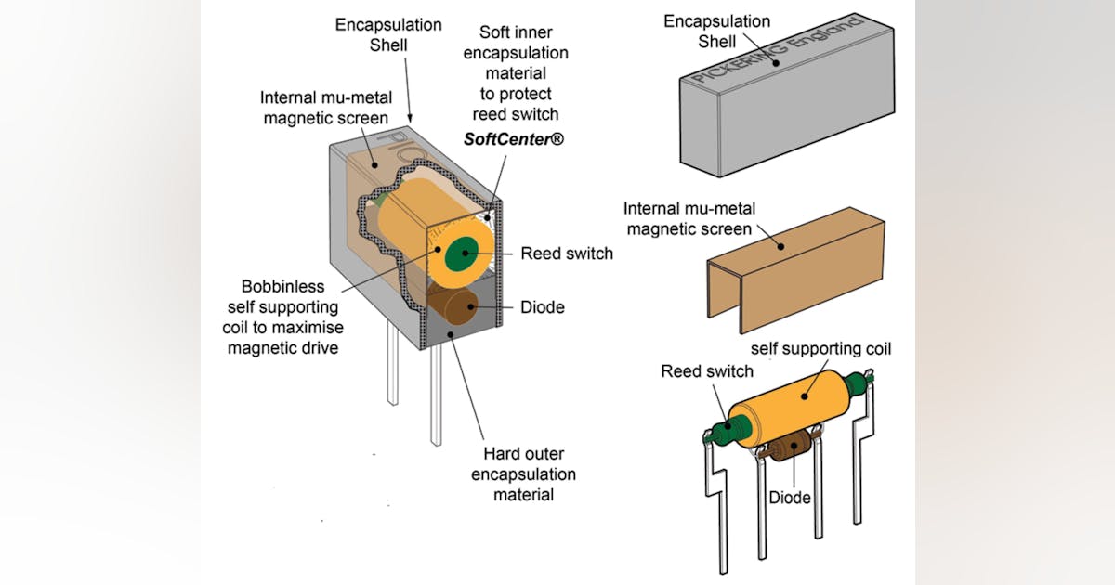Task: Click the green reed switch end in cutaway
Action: tap(460, 253)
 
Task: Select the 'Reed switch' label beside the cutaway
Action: tap(567, 253)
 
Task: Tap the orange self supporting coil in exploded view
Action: tap(794, 409)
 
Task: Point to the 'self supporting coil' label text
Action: tap(820, 349)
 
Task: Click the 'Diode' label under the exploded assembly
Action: tap(790, 498)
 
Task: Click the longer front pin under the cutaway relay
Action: tap(436, 399)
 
